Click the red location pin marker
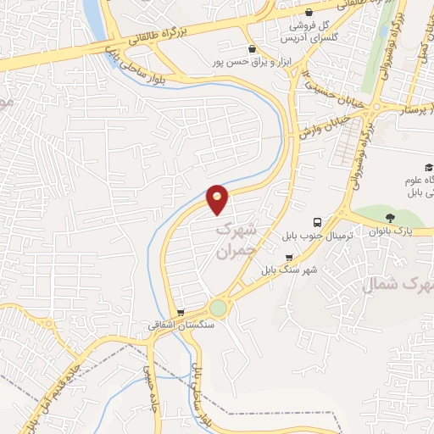(218, 198)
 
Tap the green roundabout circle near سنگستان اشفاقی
(219, 308)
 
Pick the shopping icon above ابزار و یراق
(251, 49)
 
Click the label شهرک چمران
(235, 240)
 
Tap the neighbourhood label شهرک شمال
(398, 284)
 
